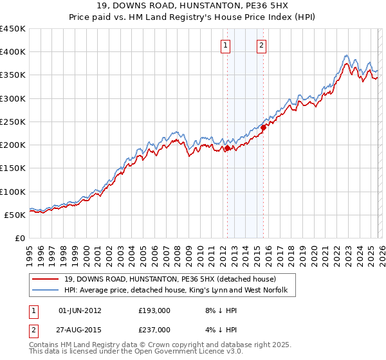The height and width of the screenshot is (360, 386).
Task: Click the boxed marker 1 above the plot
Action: tap(226, 45)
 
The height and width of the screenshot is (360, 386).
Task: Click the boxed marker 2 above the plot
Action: tap(262, 45)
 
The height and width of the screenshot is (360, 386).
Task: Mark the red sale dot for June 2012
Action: tap(226, 148)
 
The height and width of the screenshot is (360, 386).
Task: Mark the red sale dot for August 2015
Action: tap(263, 127)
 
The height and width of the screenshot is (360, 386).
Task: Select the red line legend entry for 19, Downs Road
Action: tap(170, 279)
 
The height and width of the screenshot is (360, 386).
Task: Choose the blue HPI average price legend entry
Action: tap(179, 291)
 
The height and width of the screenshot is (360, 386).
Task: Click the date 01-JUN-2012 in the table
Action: tap(80, 310)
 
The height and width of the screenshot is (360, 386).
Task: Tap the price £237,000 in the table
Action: tap(154, 329)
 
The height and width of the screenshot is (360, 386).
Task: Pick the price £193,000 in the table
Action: tap(154, 310)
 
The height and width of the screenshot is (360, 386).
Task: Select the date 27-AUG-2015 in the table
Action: tap(80, 329)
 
